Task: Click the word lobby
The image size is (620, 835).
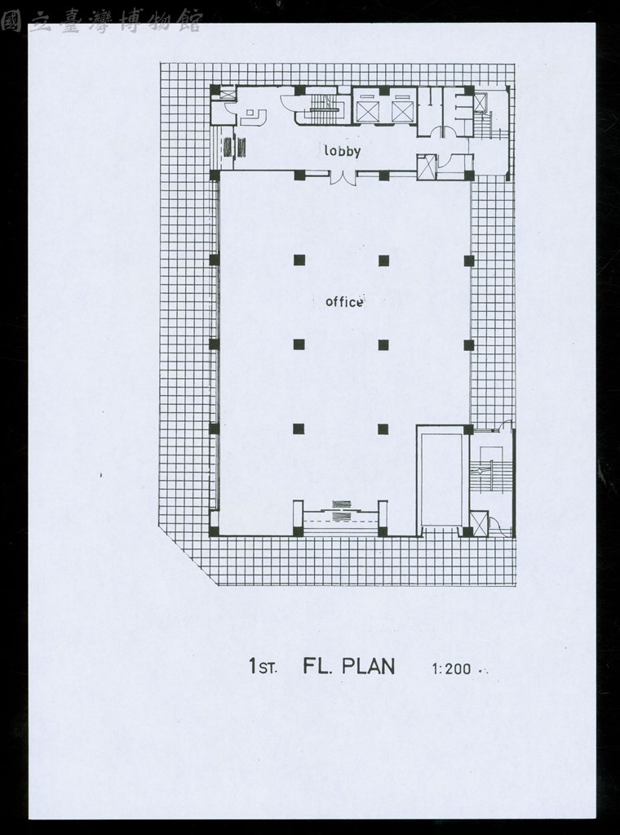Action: click(342, 152)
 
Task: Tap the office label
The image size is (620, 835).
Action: click(344, 302)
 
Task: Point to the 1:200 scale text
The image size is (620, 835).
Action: click(452, 668)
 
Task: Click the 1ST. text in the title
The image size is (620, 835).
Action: click(263, 666)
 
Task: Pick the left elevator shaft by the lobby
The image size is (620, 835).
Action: click(366, 111)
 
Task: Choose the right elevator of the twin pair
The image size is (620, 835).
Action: click(402, 111)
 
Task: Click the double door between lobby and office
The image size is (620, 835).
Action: click(343, 178)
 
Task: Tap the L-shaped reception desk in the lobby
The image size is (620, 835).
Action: click(253, 117)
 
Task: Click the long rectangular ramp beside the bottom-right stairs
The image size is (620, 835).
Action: click(441, 479)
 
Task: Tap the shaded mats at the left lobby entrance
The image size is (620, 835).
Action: click(234, 147)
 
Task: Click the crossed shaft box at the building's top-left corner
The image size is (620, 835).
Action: click(228, 95)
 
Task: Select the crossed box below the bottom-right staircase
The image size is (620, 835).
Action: click(479, 523)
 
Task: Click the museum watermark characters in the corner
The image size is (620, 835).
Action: click(101, 21)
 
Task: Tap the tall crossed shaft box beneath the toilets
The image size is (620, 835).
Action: click(427, 167)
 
